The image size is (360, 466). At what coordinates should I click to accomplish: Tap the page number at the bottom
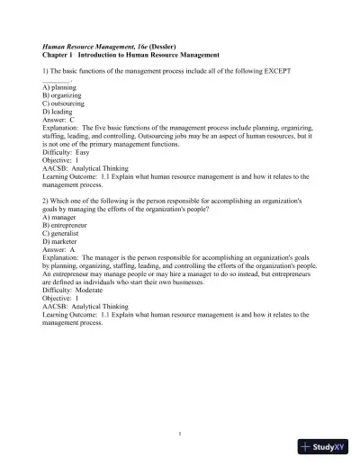(180, 433)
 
